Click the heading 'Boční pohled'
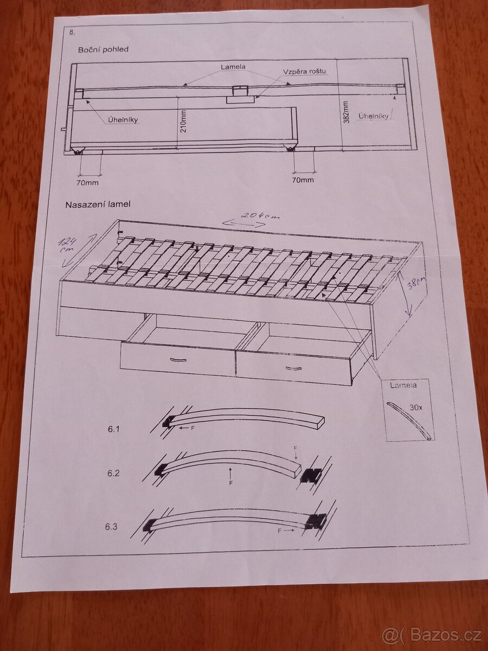tap(103, 49)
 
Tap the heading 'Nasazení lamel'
tap(98, 205)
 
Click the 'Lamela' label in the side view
tap(233, 67)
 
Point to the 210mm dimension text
tap(184, 122)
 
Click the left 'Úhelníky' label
tap(123, 119)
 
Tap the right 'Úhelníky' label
tap(374, 116)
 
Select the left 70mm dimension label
tap(87, 183)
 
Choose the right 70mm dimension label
tap(303, 180)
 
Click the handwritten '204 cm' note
tap(260, 216)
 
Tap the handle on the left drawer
tap(178, 360)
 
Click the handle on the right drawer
tap(294, 368)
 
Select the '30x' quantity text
tap(416, 408)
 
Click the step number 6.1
tap(113, 429)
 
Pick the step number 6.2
tap(113, 473)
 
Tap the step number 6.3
tap(111, 527)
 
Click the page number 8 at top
tap(72, 32)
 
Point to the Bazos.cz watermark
tap(432, 634)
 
